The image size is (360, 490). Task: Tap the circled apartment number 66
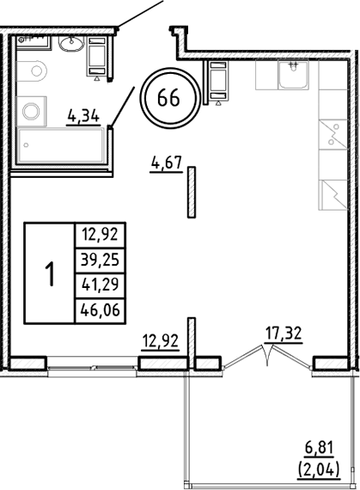click(x=168, y=97)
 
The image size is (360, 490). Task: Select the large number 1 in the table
click(x=50, y=274)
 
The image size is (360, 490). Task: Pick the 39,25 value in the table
click(x=99, y=260)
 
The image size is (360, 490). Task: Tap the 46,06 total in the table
click(x=99, y=312)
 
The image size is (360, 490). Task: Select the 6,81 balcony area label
click(x=327, y=448)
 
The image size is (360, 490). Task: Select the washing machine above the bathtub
click(x=33, y=110)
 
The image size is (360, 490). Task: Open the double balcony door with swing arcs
click(x=267, y=354)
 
